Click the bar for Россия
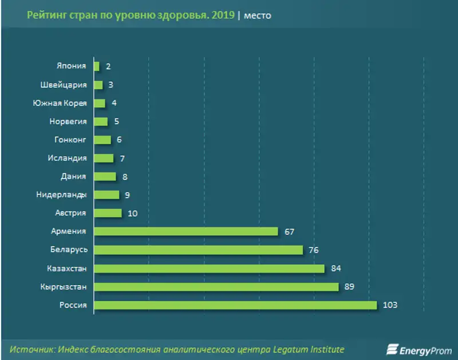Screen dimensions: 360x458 tap(235, 305)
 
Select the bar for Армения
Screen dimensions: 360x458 tap(185, 232)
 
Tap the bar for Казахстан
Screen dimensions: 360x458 tap(209, 268)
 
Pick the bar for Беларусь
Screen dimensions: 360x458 tap(198, 250)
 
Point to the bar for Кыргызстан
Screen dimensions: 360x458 tap(216, 287)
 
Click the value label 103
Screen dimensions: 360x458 tap(390, 305)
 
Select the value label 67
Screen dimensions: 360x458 tap(289, 232)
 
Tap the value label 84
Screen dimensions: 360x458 tap(335, 268)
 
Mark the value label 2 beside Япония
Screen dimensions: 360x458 tap(108, 67)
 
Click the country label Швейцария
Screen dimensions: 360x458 tap(64, 85)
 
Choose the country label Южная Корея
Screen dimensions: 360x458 tap(60, 104)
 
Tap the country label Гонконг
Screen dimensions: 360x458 tap(70, 140)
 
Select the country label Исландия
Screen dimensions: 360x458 tap(68, 159)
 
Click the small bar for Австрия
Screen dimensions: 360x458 tap(108, 213)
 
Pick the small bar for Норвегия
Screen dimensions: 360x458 tap(101, 122)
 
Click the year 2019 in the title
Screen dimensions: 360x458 tap(223, 15)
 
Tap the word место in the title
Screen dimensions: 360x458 tap(258, 16)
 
